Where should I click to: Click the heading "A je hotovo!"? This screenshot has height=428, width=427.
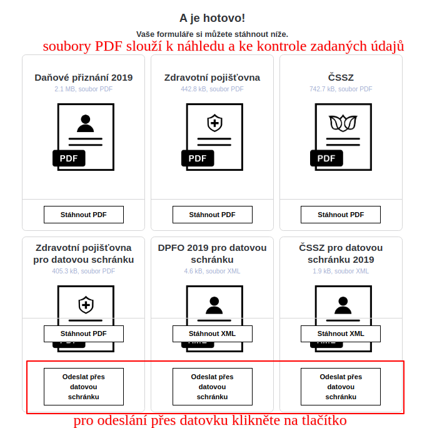212,18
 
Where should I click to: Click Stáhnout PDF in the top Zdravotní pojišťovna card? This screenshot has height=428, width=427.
213,215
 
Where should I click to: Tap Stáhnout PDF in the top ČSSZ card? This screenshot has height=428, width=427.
341,215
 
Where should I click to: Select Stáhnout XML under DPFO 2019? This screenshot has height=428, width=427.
213,334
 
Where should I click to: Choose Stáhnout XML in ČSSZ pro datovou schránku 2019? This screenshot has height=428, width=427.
341,334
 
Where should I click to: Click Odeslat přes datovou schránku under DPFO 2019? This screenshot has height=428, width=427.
213,387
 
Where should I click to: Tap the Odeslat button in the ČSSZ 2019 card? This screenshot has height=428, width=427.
341,387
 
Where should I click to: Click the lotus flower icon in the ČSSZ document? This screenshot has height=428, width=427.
343,123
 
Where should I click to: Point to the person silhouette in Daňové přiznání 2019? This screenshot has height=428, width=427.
86,123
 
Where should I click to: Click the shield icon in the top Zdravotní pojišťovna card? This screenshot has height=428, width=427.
214,123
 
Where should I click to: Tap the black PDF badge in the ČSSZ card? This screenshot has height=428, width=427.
326,158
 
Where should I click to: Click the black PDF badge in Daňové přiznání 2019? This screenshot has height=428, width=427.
69,158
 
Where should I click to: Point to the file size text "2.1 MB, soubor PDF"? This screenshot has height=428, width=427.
83,89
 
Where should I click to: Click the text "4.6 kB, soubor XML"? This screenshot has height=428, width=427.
212,271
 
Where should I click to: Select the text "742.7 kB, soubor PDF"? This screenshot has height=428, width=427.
341,89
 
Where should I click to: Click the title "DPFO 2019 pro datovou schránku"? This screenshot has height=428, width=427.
212,253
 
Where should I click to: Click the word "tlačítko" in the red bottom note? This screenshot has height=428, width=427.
324,420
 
